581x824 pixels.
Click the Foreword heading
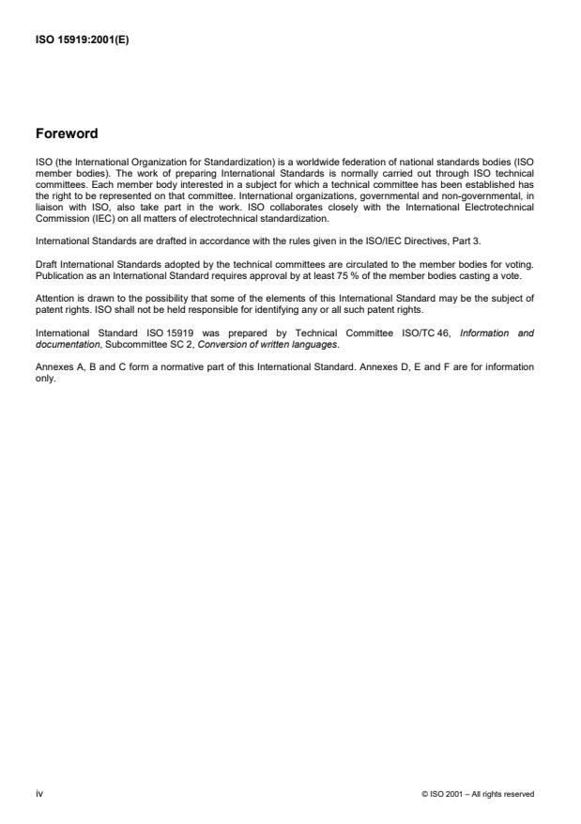(67, 133)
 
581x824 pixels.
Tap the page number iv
(39, 794)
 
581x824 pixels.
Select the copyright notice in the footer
(479, 794)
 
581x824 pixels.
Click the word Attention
(54, 297)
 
